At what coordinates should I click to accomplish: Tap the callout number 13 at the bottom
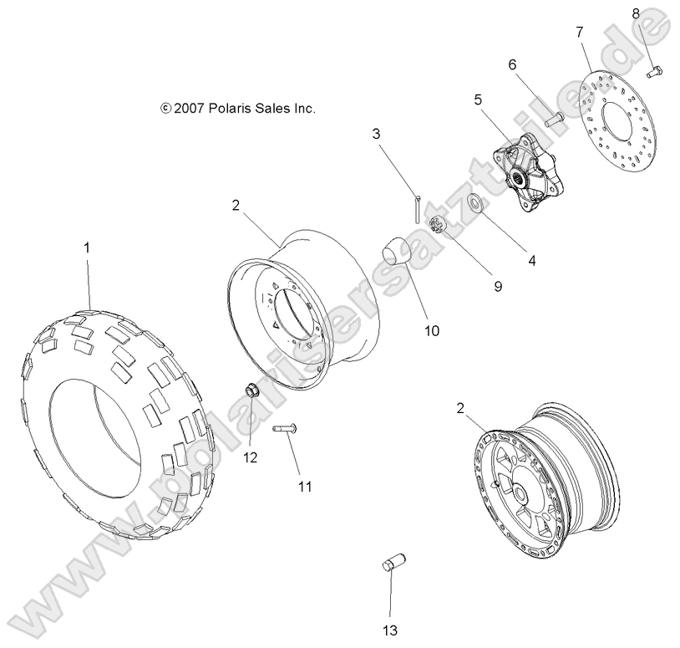click(390, 629)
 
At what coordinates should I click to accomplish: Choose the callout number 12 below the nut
click(250, 457)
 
